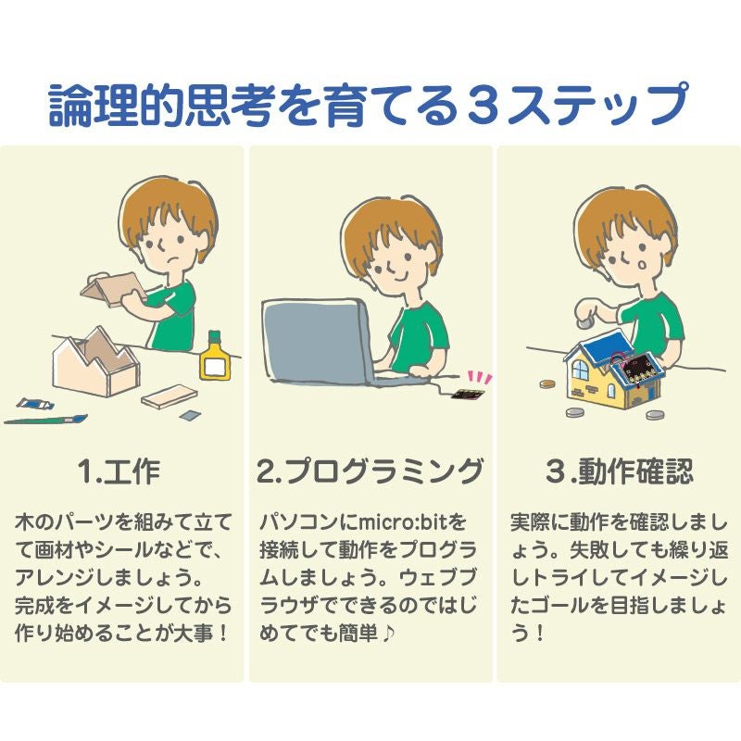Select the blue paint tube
click(x=35, y=404)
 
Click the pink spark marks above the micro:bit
click(x=480, y=378)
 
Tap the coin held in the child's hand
click(x=585, y=323)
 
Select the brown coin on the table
click(x=548, y=383)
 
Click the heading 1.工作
click(x=119, y=471)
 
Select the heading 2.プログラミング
click(x=370, y=471)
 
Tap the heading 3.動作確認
click(x=619, y=471)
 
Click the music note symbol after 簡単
click(x=387, y=634)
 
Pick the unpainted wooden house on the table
click(x=96, y=363)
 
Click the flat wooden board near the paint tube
click(x=170, y=396)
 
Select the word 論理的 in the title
click(x=115, y=105)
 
